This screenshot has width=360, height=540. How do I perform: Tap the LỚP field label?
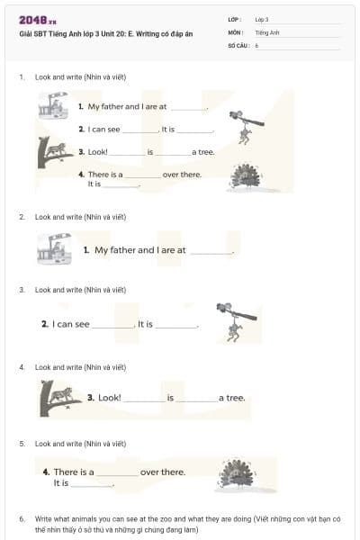tap(235, 19)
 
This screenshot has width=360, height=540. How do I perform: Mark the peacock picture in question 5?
tap(236, 474)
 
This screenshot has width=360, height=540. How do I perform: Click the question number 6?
tap(22, 519)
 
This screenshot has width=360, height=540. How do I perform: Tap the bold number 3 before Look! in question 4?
tap(91, 397)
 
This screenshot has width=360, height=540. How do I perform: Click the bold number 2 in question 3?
tap(45, 324)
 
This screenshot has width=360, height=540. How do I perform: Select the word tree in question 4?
tap(235, 398)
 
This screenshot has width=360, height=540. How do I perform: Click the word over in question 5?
tap(150, 472)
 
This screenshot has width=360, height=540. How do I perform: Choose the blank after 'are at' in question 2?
tap(211, 251)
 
